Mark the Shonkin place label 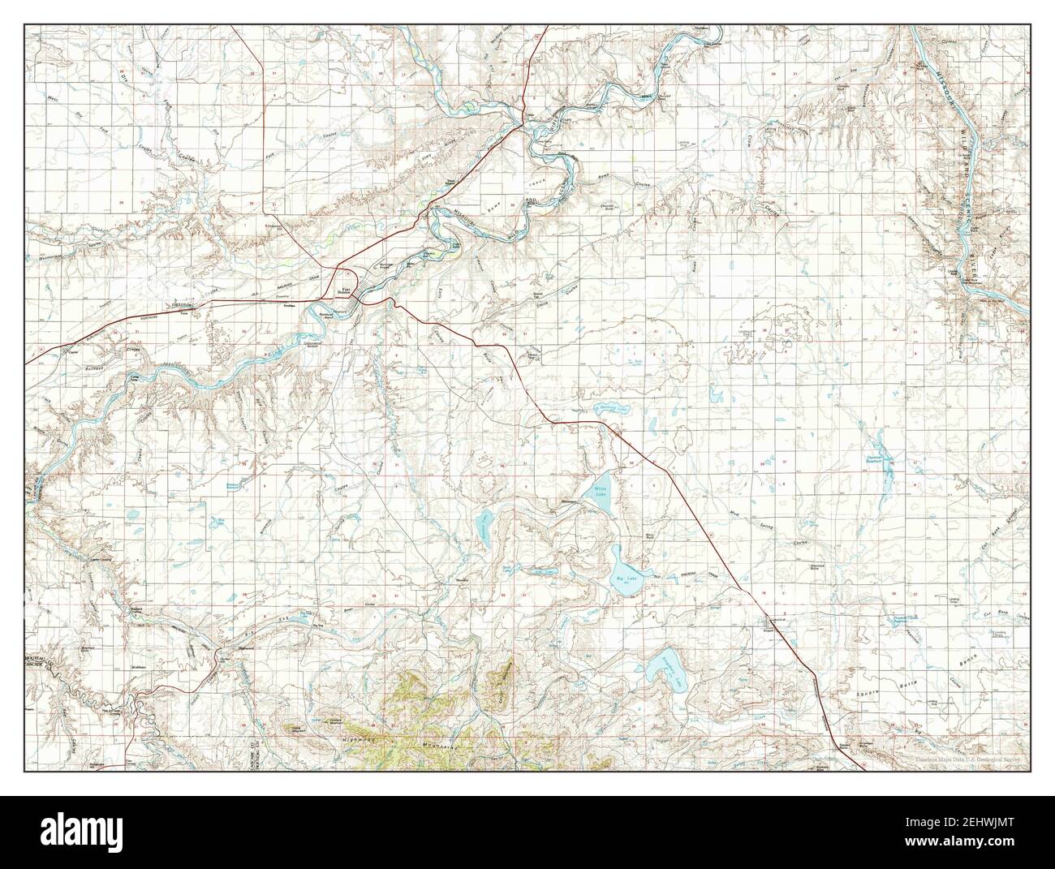point(462,581)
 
